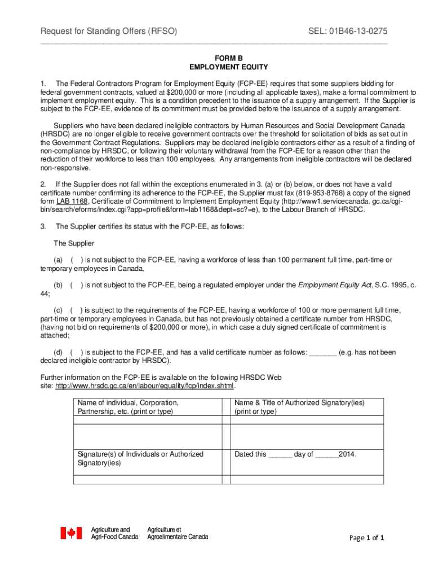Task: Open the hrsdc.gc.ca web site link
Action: [x=144, y=386]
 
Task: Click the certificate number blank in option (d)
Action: [x=323, y=352]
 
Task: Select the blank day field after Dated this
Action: [x=280, y=454]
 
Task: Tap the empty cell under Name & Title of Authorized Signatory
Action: [x=307, y=434]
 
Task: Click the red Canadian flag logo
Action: [x=72, y=533]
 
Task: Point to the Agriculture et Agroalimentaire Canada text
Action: [x=177, y=533]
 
